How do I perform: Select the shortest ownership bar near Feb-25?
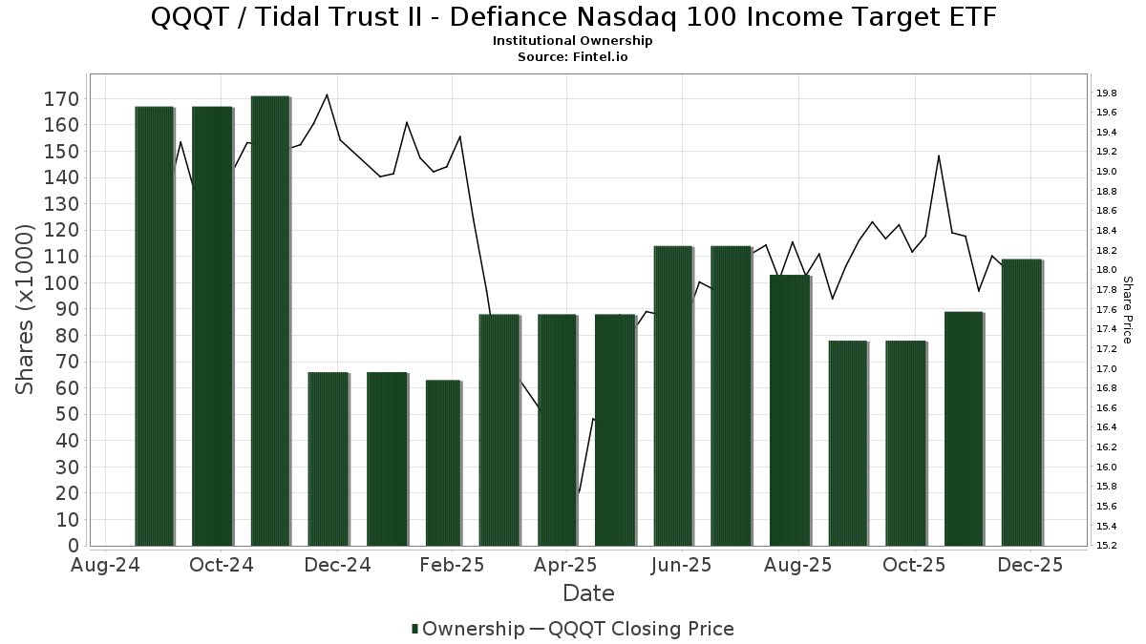click(x=443, y=463)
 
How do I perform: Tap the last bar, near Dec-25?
click(x=1021, y=402)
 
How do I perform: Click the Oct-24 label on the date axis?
click(x=222, y=565)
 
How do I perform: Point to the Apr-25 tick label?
click(x=566, y=565)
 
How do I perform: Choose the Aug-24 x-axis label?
click(x=106, y=565)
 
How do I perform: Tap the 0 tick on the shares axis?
click(x=74, y=546)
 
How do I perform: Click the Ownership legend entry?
click(x=467, y=629)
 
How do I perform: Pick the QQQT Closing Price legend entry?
click(x=631, y=629)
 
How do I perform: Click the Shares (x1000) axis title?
click(x=26, y=309)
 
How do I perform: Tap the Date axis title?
click(x=588, y=593)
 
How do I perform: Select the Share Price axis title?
click(x=1127, y=309)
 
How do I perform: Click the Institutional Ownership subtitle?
click(x=573, y=41)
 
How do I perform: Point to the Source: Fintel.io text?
click(x=573, y=56)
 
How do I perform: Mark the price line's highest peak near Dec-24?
click(x=328, y=94)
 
